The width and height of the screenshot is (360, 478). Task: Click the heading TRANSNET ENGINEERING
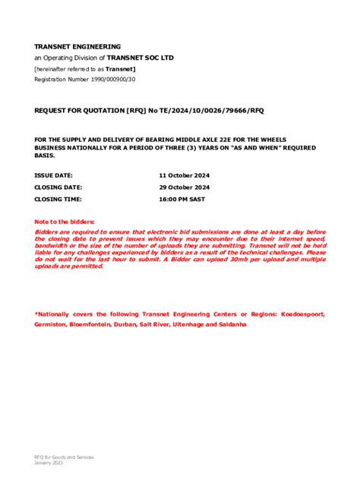pos(77,46)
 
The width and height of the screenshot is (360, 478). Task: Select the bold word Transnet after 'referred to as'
pos(120,68)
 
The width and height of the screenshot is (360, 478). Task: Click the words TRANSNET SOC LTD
pos(140,58)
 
